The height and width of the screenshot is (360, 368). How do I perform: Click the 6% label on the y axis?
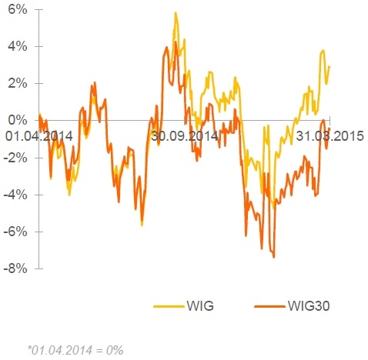click(x=18, y=10)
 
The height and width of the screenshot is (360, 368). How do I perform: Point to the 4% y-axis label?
click(x=18, y=47)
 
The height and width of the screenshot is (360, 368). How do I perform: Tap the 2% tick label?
click(x=18, y=84)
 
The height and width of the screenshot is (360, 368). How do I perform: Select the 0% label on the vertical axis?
click(x=18, y=120)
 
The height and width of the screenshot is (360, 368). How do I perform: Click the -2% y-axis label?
click(x=15, y=158)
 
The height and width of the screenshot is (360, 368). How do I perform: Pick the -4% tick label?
click(x=15, y=195)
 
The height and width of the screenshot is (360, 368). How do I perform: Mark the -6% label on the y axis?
click(x=15, y=232)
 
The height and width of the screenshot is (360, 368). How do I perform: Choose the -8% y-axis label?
click(x=15, y=268)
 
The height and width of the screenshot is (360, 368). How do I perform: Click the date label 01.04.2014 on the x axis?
click(x=39, y=136)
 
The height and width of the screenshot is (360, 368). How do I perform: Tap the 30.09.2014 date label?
click(x=185, y=136)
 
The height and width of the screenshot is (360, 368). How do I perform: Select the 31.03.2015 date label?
click(x=330, y=136)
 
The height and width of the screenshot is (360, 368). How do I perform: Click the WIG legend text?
click(x=200, y=306)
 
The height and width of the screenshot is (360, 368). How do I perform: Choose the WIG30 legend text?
click(x=309, y=306)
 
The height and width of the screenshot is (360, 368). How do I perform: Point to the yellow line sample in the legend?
click(x=169, y=306)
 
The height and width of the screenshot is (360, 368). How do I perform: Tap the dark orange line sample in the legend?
click(x=269, y=306)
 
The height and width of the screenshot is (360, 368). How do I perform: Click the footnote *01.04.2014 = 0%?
click(x=75, y=350)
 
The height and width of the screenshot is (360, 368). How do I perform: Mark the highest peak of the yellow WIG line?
click(x=176, y=12)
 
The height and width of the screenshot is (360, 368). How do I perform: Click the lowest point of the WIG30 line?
click(x=274, y=257)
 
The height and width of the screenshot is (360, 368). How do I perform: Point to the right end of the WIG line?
click(x=330, y=66)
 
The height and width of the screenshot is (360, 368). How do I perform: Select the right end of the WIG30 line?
click(x=330, y=128)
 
